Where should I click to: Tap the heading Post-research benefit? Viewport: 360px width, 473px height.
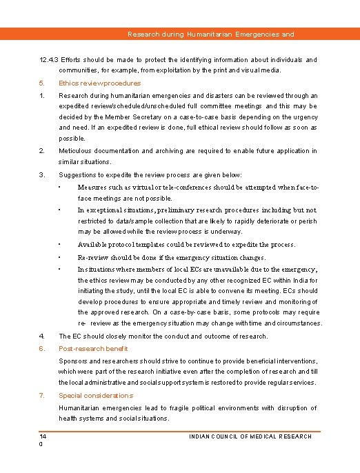coord(93,349)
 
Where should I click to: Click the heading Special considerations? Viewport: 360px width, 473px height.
coord(95,396)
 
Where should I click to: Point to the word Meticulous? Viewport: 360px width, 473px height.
coord(76,151)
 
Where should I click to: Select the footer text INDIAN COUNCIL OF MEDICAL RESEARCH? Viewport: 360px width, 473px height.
coord(250,436)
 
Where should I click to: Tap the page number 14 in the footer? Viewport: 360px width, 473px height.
coord(42,436)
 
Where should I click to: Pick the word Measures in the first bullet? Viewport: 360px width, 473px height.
coord(94,187)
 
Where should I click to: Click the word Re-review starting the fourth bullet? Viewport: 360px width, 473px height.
coord(96,257)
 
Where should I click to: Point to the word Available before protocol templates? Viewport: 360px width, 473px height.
coord(94,245)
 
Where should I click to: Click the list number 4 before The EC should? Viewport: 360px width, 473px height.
coord(41,336)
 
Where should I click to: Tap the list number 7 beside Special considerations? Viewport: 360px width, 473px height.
coord(41,396)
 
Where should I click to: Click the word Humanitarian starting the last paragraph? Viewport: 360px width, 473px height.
coord(81,408)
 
